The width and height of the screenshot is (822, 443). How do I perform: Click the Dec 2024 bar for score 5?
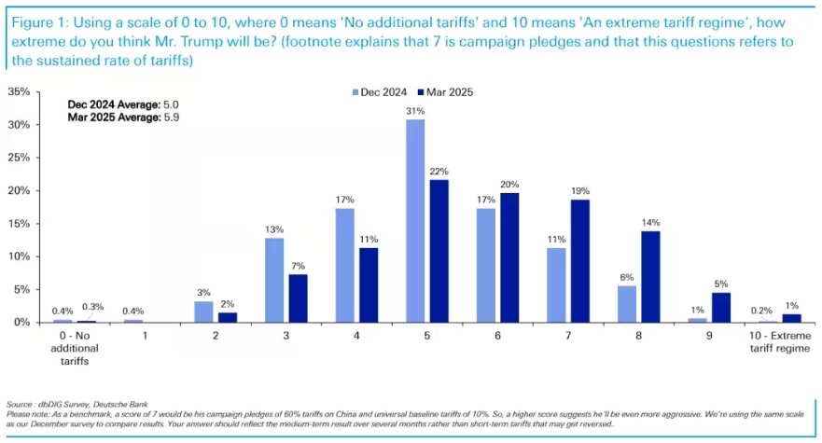(x=415, y=221)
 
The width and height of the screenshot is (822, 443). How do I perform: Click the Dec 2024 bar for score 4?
(x=343, y=265)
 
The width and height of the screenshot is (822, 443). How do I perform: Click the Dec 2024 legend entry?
(x=380, y=91)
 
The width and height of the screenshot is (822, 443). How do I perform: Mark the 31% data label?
(x=415, y=111)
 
